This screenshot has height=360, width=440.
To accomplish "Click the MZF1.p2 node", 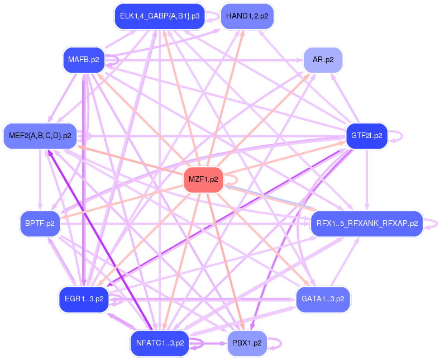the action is pos(204,180).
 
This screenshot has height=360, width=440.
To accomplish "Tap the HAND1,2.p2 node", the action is pos(247,16).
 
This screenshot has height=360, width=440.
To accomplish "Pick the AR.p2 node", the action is pos(323,59).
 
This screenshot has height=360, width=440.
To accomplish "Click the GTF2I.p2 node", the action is pos(367,135).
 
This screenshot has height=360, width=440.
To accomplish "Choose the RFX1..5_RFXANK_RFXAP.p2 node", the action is pos(367,224).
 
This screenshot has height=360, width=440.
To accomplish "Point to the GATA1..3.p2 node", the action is pos(323,299).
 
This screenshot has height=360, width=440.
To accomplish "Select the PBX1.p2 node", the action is pos(247,342).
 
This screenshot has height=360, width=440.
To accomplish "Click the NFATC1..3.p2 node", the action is pos(160,342).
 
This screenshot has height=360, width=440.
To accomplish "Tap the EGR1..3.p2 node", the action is pos(84,299).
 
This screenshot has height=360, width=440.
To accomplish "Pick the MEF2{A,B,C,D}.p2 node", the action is pos(40,135).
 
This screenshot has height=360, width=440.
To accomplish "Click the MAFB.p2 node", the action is pos(84,59).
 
